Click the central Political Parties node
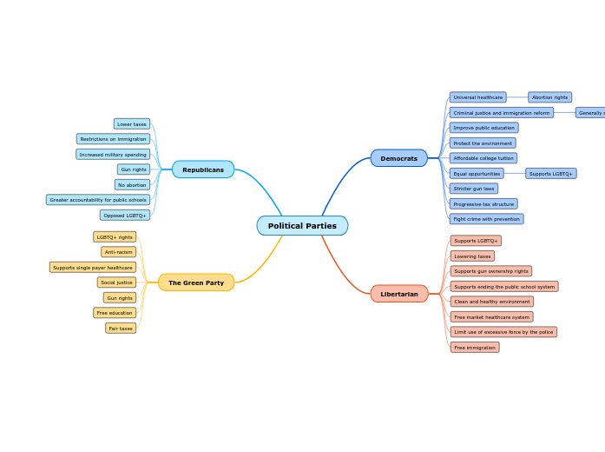coord(302,226)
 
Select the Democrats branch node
coord(399,158)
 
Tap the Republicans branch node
coord(203,169)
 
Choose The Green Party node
coord(196,282)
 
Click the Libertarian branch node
coord(399,294)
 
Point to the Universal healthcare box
coord(477,97)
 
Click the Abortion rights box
coord(549,97)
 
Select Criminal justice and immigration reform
coord(501,113)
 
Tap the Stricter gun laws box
coord(474,189)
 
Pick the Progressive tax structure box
coord(483,204)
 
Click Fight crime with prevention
coord(486,219)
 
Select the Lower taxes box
coord(132,124)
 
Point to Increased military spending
coord(113,155)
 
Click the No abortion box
coord(132,185)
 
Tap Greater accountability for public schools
coord(98,200)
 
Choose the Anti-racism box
coord(119,252)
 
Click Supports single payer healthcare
coord(93,268)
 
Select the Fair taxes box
coord(121,329)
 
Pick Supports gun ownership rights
coord(491,271)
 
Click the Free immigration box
coord(475,348)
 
